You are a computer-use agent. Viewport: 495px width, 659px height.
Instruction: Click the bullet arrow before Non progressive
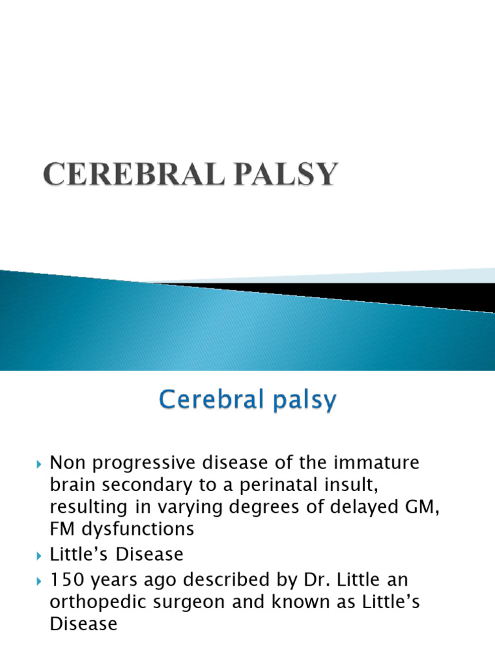click(39, 463)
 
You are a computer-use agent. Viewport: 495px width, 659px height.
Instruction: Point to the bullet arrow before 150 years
click(39, 581)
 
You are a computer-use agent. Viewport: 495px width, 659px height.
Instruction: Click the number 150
click(67, 580)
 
